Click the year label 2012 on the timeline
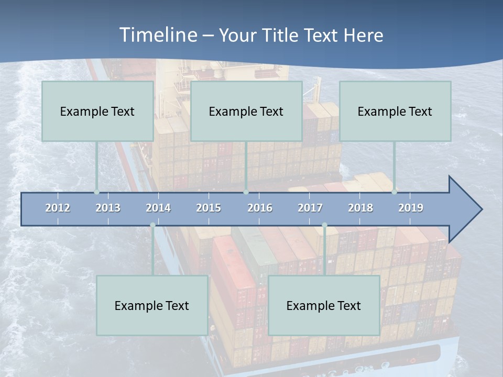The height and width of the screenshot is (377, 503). pyautogui.click(x=58, y=208)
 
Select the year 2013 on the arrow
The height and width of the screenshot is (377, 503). pyautogui.click(x=108, y=208)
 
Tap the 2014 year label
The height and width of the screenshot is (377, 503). pyautogui.click(x=158, y=208)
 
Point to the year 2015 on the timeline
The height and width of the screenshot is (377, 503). pyautogui.click(x=209, y=208)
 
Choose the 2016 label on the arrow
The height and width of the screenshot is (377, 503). pyautogui.click(x=260, y=208)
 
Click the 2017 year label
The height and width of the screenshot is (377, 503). pyautogui.click(x=310, y=208)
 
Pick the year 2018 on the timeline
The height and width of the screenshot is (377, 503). pyautogui.click(x=360, y=208)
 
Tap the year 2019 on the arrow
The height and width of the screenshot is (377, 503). pyautogui.click(x=411, y=208)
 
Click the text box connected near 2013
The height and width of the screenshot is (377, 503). pyautogui.click(x=97, y=111)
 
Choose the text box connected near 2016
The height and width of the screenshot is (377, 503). pyautogui.click(x=246, y=111)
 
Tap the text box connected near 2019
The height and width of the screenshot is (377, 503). pyautogui.click(x=395, y=111)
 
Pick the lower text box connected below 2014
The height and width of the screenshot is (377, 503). pyautogui.click(x=152, y=305)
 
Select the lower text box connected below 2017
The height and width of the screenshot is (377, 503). pyautogui.click(x=324, y=305)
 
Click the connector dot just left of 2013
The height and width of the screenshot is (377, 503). pyautogui.click(x=97, y=192)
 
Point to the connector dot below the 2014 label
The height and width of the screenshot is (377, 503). pyautogui.click(x=152, y=225)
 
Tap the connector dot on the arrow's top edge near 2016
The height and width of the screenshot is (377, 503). pyautogui.click(x=246, y=192)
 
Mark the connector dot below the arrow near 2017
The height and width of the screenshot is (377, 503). pyautogui.click(x=324, y=225)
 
